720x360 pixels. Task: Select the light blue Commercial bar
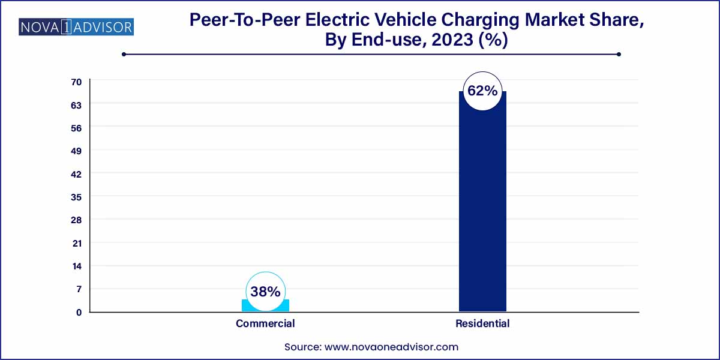point(265,307)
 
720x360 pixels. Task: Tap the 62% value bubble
point(482,91)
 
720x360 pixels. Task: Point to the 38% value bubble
point(265,292)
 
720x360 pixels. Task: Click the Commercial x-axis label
point(265,323)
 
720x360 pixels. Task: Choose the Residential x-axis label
point(482,323)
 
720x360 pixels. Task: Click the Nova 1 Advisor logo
point(76,27)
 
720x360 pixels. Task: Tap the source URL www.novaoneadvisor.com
point(391,347)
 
